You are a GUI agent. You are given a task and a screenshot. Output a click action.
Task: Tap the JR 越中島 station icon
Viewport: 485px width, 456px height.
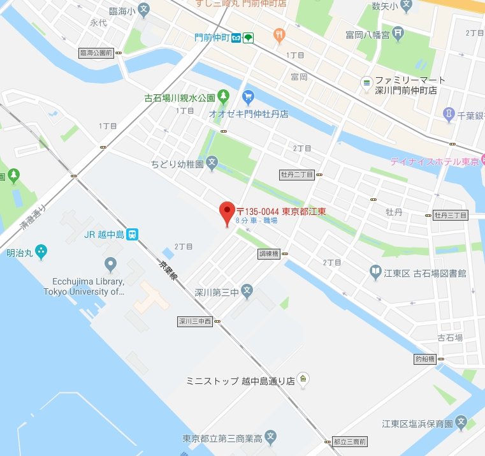(x=132, y=234)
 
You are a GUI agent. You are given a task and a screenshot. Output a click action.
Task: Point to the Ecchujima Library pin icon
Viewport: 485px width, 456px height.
(x=111, y=263)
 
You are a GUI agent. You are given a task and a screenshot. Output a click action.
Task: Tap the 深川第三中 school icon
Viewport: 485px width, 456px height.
(x=248, y=292)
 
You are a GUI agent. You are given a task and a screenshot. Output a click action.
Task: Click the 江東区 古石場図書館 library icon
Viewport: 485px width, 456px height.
(x=377, y=273)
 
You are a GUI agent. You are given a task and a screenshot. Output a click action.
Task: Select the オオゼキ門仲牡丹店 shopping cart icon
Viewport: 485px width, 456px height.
(x=249, y=98)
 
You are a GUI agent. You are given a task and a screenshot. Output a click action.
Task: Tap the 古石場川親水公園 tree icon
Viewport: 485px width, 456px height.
(x=223, y=98)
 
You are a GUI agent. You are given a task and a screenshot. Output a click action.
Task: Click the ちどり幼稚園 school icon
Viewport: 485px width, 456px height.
(x=212, y=163)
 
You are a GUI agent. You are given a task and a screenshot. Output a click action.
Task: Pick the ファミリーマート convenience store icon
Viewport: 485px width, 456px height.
(x=366, y=82)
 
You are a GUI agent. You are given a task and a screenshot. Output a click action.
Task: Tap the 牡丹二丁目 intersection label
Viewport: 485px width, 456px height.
(x=298, y=173)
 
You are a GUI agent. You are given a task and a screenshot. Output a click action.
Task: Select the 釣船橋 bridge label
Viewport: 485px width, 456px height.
(x=424, y=358)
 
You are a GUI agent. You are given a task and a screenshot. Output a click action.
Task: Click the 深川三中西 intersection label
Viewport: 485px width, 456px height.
(x=194, y=321)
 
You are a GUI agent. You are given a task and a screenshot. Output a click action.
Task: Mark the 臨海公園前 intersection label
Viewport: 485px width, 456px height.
(x=97, y=53)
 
